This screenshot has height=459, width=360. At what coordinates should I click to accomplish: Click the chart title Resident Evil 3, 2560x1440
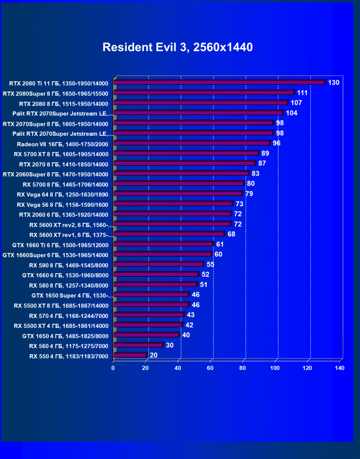coord(178,47)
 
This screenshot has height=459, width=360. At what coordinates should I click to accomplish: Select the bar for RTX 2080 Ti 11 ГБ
coord(219,82)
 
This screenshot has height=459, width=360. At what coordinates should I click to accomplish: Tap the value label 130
coord(333,83)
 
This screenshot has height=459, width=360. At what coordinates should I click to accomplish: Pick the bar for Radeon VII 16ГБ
coord(191,143)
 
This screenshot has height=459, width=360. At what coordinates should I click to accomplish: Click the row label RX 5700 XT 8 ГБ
coord(61,154)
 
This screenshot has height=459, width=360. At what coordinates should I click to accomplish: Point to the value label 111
coord(303,93)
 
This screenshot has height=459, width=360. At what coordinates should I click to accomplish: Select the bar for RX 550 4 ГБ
coord(130,355)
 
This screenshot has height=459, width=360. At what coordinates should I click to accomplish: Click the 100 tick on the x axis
coord(275,368)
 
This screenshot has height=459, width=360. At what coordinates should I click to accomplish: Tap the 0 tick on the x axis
coord(113,368)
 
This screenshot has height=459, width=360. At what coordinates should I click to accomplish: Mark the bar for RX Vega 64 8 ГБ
coord(178,194)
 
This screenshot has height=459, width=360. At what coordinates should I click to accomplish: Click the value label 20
coord(153,355)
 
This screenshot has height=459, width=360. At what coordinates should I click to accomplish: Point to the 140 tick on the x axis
coord(339,368)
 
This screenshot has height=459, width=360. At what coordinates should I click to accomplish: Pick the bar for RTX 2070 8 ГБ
coord(184,163)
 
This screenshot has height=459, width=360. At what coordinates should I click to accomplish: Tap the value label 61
coord(220,244)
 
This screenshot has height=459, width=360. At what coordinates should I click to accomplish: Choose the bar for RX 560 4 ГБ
coord(138,345)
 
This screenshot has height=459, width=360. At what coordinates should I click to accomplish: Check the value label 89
coord(265,153)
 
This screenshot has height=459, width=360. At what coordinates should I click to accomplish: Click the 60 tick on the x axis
coord(210,368)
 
